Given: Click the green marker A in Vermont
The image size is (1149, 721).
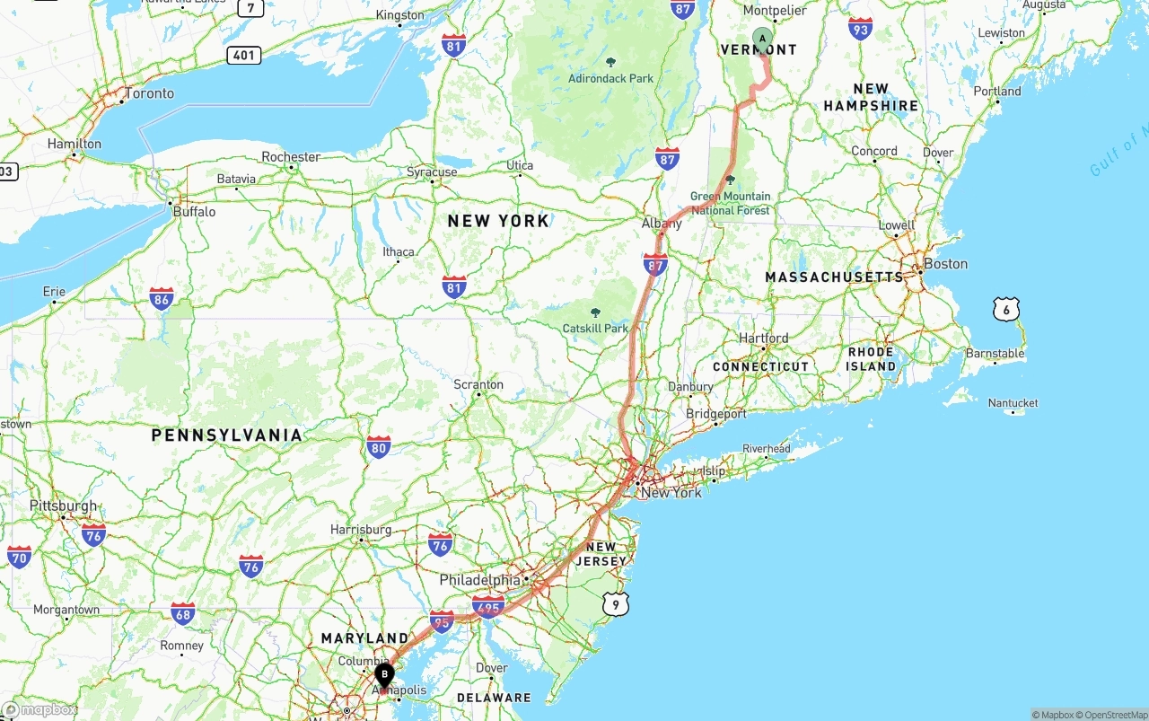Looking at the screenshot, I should click(762, 39).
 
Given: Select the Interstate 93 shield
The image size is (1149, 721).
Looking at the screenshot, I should click(860, 28).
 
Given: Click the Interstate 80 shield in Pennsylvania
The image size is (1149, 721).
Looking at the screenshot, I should click(379, 447).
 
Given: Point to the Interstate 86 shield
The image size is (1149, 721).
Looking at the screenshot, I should click(162, 299).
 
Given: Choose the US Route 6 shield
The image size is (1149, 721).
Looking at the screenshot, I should click(1006, 310).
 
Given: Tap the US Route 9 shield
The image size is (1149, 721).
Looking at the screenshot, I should click(615, 604).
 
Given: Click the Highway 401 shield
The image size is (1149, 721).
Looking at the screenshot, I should click(243, 55).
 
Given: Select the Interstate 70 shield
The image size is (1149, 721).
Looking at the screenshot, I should click(19, 558).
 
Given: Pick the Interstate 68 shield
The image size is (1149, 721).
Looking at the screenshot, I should click(183, 614).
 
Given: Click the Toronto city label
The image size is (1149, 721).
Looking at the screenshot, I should click(150, 93).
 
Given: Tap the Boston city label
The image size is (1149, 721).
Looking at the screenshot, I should click(945, 264).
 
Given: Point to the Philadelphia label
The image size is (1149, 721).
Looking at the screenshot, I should click(479, 579).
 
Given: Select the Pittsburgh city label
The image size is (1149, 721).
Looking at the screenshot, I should click(63, 506).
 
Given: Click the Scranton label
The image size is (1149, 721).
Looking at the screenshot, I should click(478, 384).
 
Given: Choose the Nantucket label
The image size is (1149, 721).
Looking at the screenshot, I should click(1013, 403).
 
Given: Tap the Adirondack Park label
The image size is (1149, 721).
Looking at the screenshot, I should click(610, 78).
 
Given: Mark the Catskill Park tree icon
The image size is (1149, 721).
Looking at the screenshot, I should click(595, 312).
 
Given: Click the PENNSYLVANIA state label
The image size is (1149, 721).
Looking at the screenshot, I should click(227, 435).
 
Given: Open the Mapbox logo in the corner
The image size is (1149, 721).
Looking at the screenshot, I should click(39, 710).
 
